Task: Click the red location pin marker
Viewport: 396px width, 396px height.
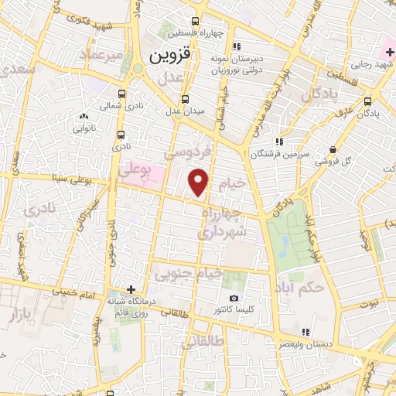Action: click(x=200, y=182)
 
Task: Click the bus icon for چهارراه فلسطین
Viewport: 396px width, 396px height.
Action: click(x=194, y=22)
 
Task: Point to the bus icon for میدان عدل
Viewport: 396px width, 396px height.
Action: click(x=185, y=99)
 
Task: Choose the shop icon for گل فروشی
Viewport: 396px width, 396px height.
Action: click(x=333, y=149)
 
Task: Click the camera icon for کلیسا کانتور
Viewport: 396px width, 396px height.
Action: click(x=234, y=299)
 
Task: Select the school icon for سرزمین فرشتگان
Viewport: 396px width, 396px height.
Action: click(x=278, y=142)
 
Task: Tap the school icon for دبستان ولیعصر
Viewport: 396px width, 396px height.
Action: click(x=306, y=332)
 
